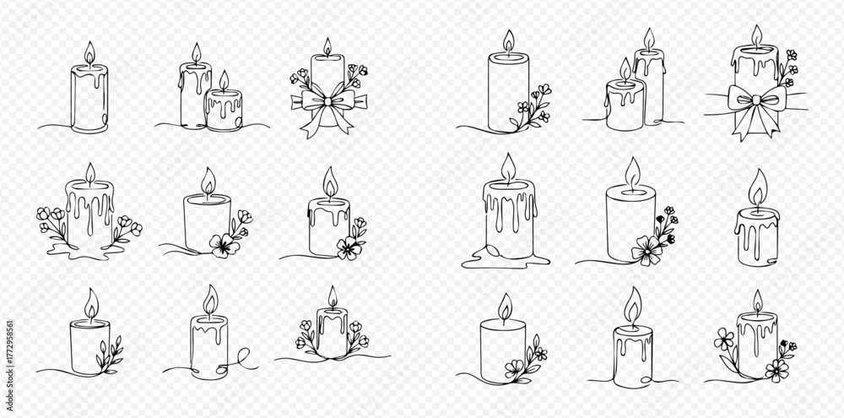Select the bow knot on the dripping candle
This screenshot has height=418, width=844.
tap(756, 99)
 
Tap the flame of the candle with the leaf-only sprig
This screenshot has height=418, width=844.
tap(91, 305)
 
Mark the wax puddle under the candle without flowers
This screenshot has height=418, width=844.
tap(506, 258)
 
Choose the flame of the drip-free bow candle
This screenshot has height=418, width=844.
tap(327, 46)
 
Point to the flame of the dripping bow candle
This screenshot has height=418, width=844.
tap(757, 36)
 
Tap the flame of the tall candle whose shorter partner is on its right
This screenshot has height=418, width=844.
tap(196, 54)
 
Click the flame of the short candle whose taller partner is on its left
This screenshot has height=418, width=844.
tap(224, 81)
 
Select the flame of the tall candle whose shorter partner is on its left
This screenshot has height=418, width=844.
tap(649, 40)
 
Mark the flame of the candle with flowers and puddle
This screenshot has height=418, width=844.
tap(90, 175)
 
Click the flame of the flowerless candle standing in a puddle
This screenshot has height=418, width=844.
tap(507, 169)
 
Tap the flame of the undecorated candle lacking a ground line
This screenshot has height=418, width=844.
tap(758, 187)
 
